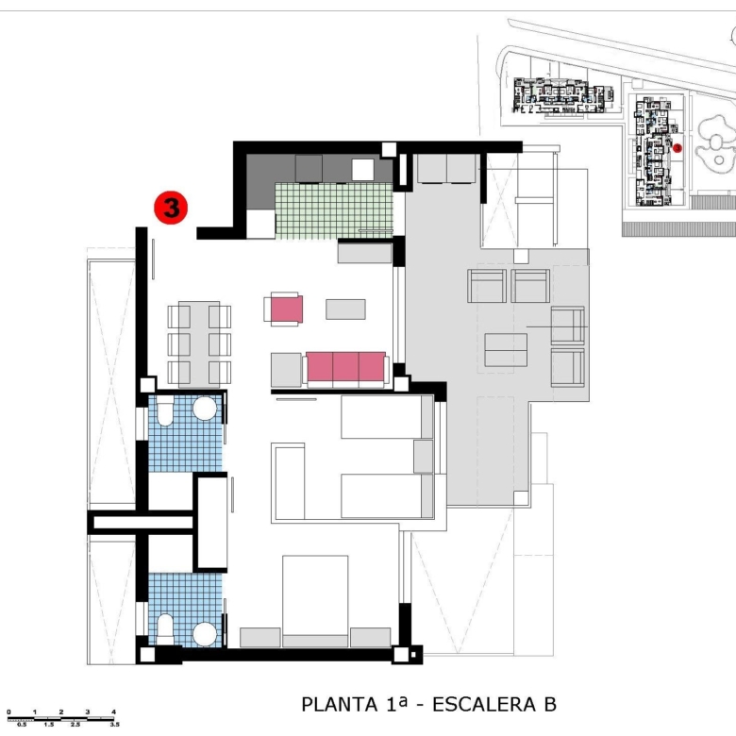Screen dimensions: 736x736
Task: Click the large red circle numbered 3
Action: point(171,208)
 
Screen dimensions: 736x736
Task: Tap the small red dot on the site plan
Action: point(677,148)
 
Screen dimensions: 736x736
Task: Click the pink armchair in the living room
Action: point(283,309)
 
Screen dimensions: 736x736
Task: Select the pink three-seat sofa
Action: point(346,368)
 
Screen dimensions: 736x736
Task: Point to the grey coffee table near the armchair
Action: point(345,309)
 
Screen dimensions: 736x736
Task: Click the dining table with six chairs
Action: point(199,344)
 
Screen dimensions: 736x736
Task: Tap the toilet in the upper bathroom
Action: point(165,410)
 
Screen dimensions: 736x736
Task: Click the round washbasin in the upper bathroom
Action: point(205,408)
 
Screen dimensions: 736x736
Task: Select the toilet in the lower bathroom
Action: point(165,629)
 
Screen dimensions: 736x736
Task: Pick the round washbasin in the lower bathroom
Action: point(205,634)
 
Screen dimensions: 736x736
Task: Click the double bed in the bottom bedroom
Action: point(315,601)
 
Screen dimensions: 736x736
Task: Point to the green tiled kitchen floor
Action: point(334,210)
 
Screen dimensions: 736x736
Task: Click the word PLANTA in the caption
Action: point(340,705)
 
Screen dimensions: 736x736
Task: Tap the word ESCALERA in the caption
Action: point(484,705)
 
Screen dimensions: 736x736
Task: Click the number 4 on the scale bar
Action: point(113,712)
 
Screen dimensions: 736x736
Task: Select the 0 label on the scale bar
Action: point(8,712)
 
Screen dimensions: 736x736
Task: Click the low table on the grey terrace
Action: point(506,350)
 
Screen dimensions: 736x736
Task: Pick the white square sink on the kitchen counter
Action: point(363,170)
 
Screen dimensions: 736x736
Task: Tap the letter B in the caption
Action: point(550,705)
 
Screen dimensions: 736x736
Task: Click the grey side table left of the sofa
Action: point(286,370)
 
